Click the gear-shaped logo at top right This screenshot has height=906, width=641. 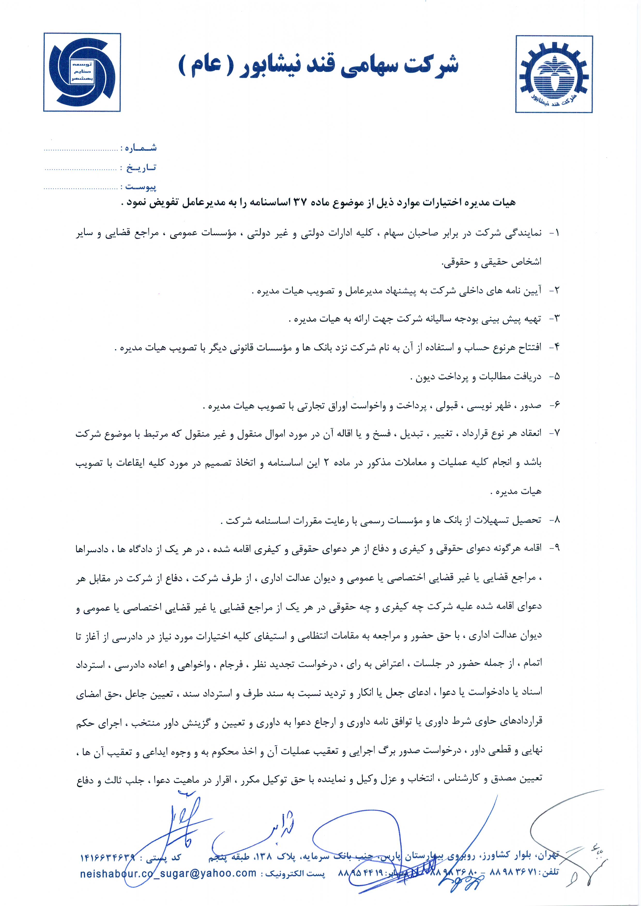[554, 74]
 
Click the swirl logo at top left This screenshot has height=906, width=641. [82, 72]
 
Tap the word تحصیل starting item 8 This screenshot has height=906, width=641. [526, 520]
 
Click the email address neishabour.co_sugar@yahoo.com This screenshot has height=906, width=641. [168, 873]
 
